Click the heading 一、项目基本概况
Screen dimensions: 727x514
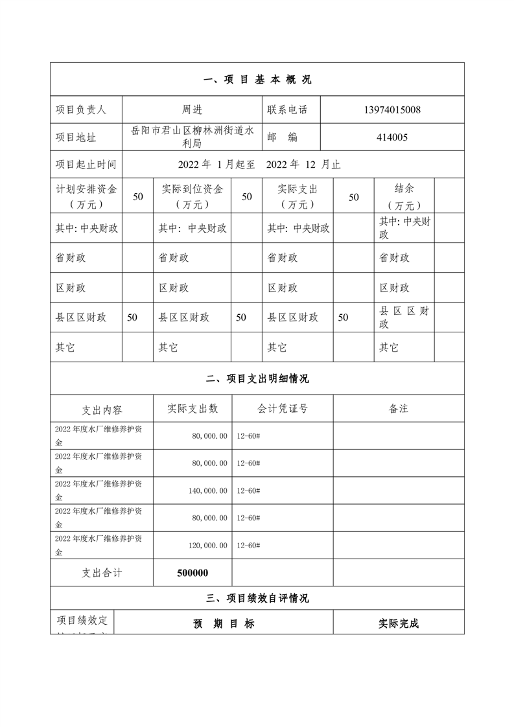click(x=257, y=80)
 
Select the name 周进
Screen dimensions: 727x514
click(x=192, y=110)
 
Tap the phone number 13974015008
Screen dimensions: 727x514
click(x=392, y=110)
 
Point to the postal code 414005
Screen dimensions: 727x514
click(x=392, y=137)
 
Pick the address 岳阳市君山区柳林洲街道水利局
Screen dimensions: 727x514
click(x=192, y=137)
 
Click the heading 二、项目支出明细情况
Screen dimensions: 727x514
click(x=257, y=379)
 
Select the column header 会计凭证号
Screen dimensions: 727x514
click(x=282, y=408)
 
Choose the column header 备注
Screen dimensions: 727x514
click(x=398, y=408)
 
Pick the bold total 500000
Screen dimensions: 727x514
click(x=192, y=573)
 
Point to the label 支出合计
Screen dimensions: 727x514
click(x=102, y=573)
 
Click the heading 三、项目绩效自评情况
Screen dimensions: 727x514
click(x=257, y=598)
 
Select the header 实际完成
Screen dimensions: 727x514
click(x=399, y=624)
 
